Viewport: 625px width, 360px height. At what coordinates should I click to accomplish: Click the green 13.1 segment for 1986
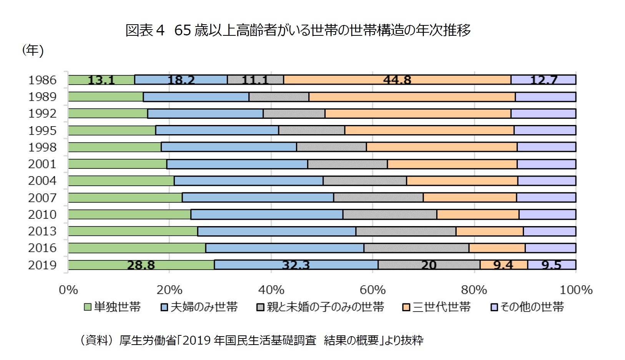[x=101, y=80]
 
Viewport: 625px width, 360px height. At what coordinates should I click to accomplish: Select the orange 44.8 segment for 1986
[x=397, y=80]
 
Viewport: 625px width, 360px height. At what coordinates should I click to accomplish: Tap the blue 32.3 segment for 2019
[x=296, y=265]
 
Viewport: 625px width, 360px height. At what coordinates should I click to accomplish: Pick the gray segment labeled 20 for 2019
[x=429, y=265]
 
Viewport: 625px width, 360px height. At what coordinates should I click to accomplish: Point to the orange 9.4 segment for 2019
[x=503, y=265]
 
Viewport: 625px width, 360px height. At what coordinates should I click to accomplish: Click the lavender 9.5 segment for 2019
[x=551, y=265]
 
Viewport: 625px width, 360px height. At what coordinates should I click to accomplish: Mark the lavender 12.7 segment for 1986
[x=543, y=80]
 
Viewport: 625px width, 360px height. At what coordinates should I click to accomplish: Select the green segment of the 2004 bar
[x=121, y=181]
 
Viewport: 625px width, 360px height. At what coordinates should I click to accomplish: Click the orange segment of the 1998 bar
[x=442, y=147]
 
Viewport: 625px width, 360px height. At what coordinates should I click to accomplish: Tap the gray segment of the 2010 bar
[x=389, y=214]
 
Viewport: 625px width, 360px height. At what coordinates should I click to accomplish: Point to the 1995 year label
[x=42, y=130]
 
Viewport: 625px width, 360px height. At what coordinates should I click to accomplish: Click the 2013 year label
[x=42, y=231]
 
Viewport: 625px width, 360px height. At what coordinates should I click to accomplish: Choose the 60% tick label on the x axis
[x=372, y=290]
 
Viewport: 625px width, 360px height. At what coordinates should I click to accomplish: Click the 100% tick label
[x=576, y=290]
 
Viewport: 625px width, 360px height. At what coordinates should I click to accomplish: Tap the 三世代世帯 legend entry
[x=437, y=307]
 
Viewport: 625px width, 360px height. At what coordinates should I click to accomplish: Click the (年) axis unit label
[x=33, y=50]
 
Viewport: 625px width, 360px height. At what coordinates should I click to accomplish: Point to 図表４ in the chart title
[x=145, y=30]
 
